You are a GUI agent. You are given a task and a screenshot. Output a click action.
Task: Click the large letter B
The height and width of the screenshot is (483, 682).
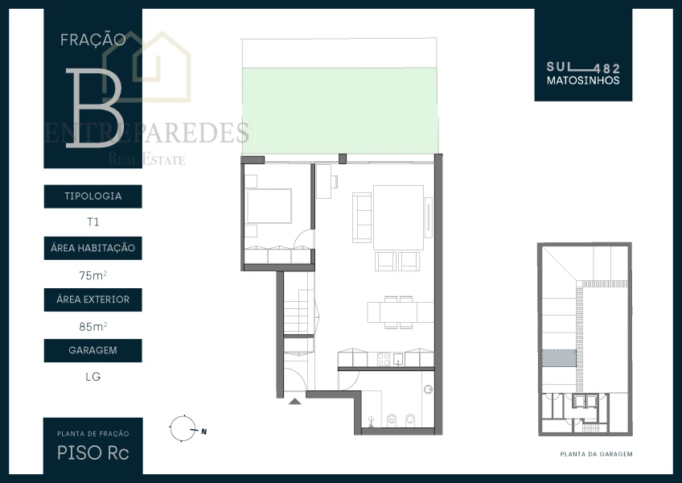tap(93, 108)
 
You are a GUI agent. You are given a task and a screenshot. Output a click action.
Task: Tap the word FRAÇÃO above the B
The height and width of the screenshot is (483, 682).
tap(93, 40)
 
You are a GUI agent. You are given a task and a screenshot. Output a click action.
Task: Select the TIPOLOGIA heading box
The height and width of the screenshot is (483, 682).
tap(93, 196)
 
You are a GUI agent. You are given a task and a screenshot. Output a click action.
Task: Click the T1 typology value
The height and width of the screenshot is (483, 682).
tap(93, 222)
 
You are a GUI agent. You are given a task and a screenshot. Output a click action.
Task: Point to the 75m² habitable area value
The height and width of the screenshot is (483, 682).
tap(93, 275)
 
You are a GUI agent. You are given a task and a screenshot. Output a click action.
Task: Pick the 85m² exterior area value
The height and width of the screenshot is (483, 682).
tap(93, 326)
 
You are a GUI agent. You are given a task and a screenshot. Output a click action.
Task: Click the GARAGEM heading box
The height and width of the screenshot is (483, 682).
tap(93, 351)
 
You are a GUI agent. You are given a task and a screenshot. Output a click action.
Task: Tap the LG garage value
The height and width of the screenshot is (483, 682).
tap(93, 377)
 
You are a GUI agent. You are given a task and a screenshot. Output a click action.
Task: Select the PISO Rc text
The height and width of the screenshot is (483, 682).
tap(93, 453)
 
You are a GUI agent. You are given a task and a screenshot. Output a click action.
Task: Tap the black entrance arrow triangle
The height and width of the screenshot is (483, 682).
tap(295, 401)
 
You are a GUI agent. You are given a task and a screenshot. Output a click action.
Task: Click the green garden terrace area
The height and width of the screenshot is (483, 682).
tap(340, 111)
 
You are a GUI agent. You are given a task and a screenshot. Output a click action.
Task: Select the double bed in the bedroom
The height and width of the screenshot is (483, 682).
tap(269, 206)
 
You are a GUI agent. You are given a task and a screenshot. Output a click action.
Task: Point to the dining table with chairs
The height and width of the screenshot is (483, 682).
tap(400, 312)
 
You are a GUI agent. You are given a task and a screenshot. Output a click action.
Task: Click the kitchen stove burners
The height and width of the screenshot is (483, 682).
tap(383, 359)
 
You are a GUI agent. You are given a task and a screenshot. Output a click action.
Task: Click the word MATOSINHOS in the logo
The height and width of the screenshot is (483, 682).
tap(583, 80)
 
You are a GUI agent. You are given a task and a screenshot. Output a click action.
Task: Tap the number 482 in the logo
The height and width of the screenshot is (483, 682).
tap(607, 68)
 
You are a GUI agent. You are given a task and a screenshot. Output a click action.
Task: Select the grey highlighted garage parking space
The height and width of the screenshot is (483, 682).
tap(559, 358)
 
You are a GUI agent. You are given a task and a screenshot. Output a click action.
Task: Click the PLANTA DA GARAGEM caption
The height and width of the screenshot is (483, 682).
tap(596, 454)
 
